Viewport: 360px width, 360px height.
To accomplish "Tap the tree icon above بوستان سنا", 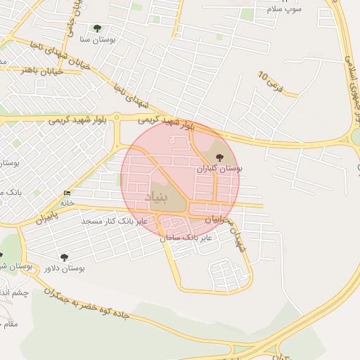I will point(97,29).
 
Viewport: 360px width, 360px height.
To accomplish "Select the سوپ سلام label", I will point(284,9).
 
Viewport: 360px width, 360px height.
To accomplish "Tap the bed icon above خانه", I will point(67,193).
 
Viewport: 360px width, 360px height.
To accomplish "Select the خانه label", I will point(67,202).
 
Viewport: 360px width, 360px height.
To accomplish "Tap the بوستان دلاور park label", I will point(64,268).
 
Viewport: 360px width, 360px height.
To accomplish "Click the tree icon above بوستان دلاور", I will point(64,258).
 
